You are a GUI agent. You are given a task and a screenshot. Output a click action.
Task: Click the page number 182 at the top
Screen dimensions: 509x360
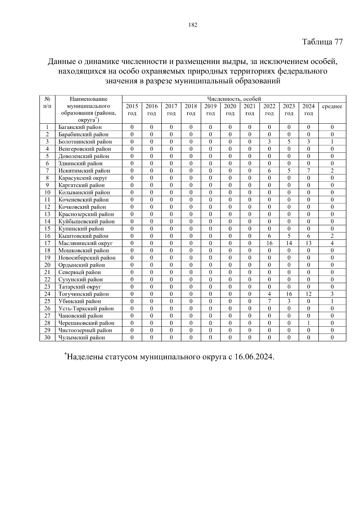(x=193, y=25)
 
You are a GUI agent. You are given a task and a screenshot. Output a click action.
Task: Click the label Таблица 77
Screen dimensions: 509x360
(x=322, y=42)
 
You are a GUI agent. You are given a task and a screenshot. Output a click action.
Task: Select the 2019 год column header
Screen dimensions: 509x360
(x=210, y=110)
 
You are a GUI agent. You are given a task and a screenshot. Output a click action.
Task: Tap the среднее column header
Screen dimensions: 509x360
(x=332, y=106)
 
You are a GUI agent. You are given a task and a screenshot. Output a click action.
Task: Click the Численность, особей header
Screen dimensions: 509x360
(x=234, y=99)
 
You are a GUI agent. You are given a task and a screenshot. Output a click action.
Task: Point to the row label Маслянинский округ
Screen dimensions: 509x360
(x=85, y=243)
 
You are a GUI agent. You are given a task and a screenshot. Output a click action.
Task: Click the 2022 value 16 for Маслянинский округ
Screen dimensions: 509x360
(x=269, y=243)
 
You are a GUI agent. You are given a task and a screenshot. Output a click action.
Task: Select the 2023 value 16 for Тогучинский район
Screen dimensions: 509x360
(x=289, y=294)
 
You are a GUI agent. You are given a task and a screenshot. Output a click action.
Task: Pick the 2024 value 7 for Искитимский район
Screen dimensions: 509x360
(x=308, y=171)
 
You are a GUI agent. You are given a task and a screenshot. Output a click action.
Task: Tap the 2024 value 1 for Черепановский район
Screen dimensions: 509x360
(x=308, y=323)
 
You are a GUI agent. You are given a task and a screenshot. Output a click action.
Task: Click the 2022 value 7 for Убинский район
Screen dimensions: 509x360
(x=269, y=301)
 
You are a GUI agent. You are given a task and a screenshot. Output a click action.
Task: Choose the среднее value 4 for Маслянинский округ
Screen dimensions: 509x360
(x=332, y=243)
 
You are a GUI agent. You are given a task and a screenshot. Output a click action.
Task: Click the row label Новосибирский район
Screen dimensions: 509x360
(x=87, y=258)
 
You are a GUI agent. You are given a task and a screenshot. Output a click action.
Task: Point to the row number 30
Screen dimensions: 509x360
(x=47, y=337)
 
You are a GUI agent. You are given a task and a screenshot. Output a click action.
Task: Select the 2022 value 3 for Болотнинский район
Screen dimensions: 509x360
(x=269, y=142)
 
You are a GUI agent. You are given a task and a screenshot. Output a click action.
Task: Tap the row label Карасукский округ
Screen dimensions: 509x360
(x=83, y=178)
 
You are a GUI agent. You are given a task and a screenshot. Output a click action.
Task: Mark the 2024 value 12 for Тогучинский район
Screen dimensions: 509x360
(x=308, y=294)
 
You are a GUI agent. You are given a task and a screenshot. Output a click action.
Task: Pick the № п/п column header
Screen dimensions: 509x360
(x=47, y=103)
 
